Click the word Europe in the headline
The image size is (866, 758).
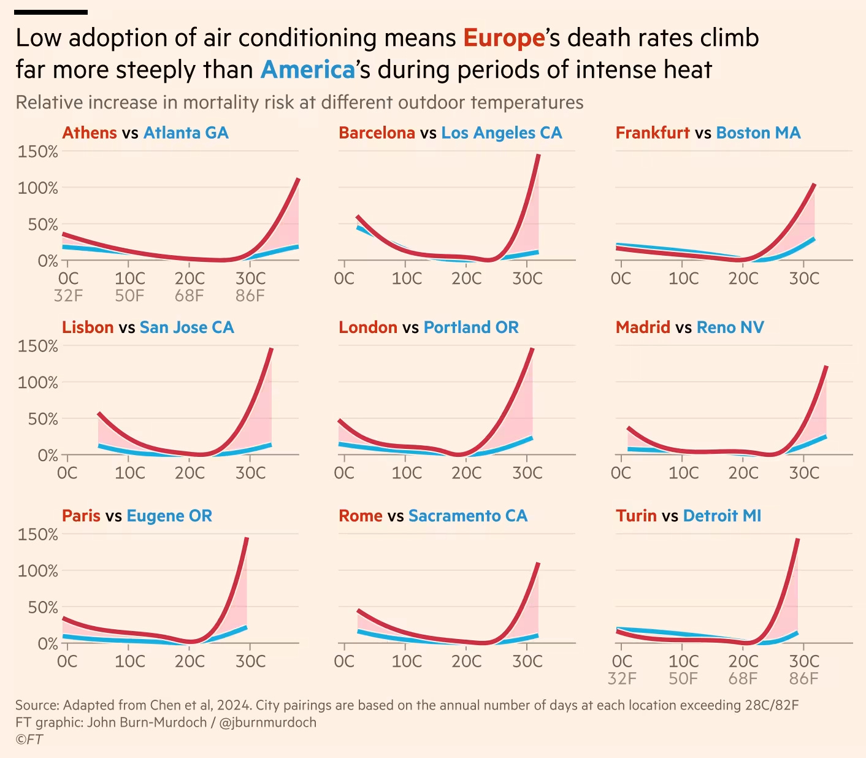(504, 38)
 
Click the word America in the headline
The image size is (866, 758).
(308, 70)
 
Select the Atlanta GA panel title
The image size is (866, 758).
(186, 133)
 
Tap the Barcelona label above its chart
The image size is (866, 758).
(377, 133)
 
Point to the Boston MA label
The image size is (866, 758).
(758, 133)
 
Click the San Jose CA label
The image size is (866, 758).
(186, 327)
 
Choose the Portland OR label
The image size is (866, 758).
(471, 327)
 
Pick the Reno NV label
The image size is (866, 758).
(730, 327)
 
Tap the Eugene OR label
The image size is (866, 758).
(169, 516)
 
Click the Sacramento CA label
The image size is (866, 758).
(467, 516)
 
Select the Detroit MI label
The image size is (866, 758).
(722, 516)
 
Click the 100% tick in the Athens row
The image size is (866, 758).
(38, 188)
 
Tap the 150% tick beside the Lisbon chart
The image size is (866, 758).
(38, 346)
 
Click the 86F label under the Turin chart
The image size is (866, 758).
(803, 679)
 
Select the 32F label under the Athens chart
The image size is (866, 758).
(68, 296)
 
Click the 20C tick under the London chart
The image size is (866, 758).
(466, 473)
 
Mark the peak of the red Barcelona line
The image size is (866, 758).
(538, 155)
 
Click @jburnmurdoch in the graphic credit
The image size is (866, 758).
(267, 722)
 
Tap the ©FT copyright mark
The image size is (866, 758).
(29, 739)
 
